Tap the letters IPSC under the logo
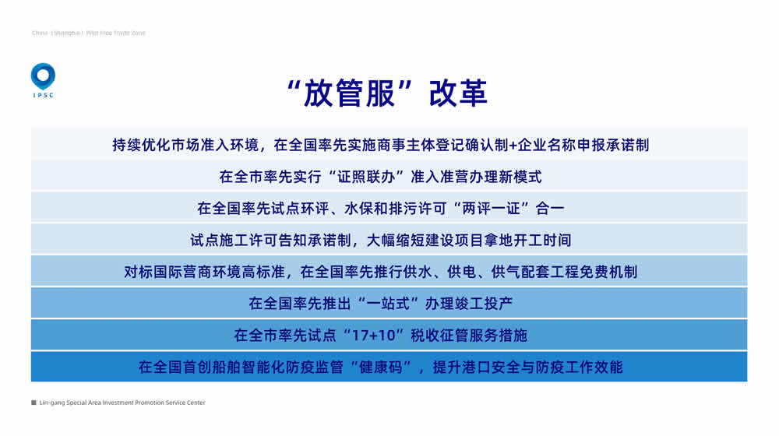tap(43, 95)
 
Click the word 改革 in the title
tap(458, 93)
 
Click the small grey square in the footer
tap(33, 403)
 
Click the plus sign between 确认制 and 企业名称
tap(513, 146)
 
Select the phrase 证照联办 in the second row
tap(367, 177)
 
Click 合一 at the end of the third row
tap(550, 209)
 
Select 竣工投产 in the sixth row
tap(484, 304)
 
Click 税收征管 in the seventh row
tap(439, 336)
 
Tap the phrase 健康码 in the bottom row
tap(381, 367)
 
